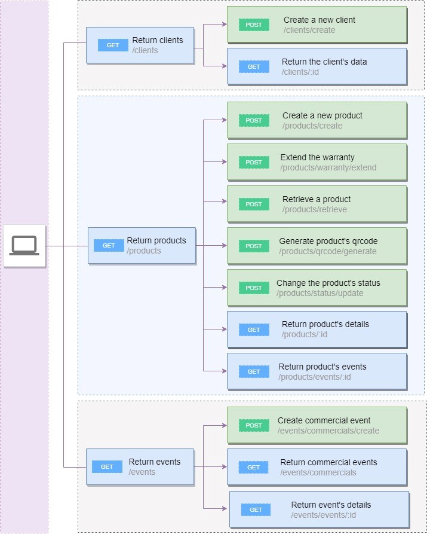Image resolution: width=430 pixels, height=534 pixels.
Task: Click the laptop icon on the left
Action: tap(24, 245)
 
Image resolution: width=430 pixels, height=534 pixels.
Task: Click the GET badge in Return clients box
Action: tap(113, 45)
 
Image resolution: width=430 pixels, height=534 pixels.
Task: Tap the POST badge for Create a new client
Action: tap(254, 25)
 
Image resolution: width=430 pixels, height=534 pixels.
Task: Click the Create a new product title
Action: tap(322, 115)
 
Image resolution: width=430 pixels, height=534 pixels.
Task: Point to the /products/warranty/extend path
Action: tap(328, 167)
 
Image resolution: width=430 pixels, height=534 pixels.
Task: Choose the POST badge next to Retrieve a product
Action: tap(254, 204)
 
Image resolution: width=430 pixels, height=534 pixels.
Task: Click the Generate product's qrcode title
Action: tap(328, 241)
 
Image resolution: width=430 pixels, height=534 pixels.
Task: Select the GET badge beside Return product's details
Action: tap(254, 329)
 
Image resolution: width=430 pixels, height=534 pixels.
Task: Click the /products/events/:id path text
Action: tap(314, 377)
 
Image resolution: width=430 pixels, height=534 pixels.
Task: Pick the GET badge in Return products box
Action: tap(109, 246)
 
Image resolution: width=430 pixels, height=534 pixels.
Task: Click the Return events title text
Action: tap(155, 462)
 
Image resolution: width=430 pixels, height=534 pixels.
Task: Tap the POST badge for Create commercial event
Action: tap(254, 425)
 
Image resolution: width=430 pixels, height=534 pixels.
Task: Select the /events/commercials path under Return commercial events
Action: tap(318, 472)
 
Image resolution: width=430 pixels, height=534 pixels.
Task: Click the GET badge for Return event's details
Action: tap(256, 509)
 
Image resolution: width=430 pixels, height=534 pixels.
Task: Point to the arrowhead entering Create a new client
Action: tap(224, 25)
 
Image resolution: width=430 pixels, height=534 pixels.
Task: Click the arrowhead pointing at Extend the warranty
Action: tap(224, 161)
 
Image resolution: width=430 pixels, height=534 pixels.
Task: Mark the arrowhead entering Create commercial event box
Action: tap(224, 425)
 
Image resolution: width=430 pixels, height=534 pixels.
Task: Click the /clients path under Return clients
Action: tap(145, 51)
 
